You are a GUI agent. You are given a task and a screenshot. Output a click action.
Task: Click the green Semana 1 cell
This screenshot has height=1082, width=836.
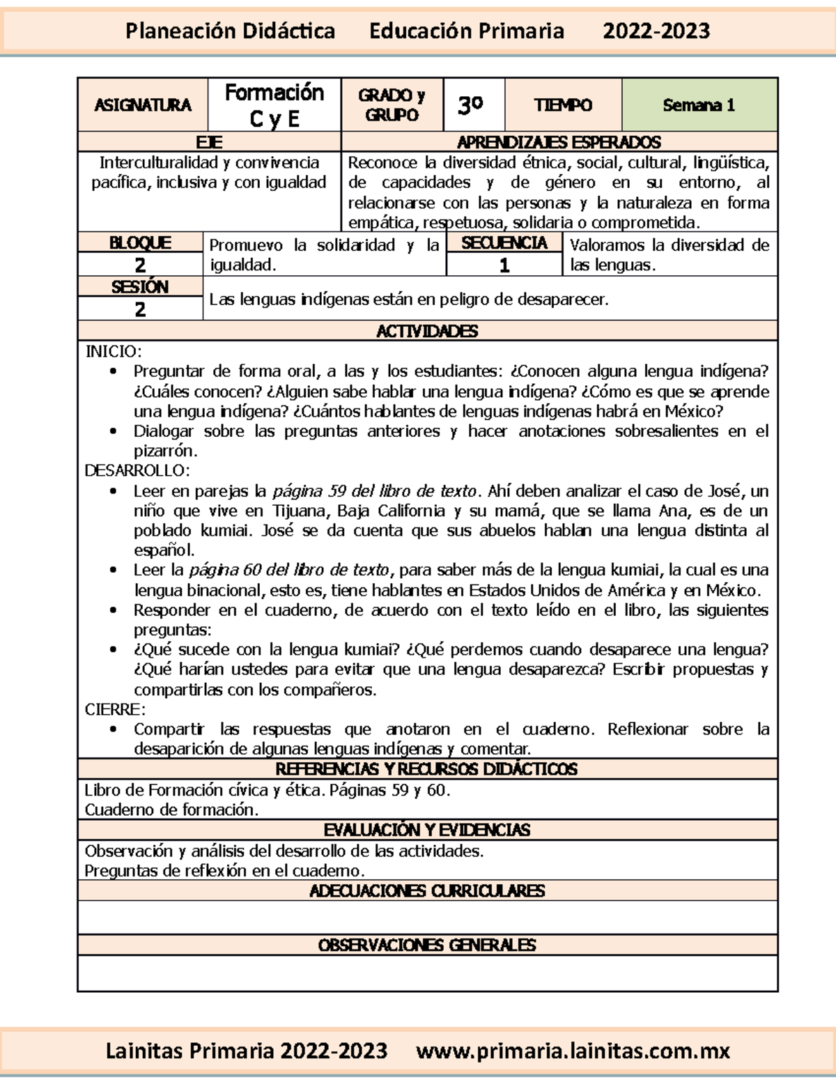click(x=699, y=105)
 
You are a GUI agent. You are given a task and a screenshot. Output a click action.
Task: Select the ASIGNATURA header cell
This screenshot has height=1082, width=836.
click(x=143, y=105)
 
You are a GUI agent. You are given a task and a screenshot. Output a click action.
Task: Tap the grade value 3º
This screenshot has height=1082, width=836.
click(x=471, y=105)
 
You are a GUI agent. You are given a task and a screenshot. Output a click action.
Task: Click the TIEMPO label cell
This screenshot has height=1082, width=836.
click(x=563, y=105)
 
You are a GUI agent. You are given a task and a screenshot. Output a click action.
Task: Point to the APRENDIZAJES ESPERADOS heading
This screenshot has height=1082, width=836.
click(x=559, y=142)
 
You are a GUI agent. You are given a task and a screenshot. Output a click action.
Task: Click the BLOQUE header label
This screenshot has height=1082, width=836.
click(x=140, y=242)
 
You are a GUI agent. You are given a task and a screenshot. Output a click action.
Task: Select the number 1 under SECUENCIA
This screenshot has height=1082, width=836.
click(x=504, y=265)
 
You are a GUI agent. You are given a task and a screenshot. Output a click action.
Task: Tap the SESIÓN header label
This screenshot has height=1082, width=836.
click(x=140, y=286)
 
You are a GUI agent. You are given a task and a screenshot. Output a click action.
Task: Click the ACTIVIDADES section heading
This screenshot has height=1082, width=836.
click(x=427, y=331)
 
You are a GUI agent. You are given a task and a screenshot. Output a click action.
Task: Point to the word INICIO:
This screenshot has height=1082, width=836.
click(x=113, y=351)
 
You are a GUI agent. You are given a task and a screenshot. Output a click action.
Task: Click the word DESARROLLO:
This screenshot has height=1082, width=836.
click(x=137, y=470)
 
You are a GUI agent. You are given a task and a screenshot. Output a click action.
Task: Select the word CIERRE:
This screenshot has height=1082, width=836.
click(x=115, y=709)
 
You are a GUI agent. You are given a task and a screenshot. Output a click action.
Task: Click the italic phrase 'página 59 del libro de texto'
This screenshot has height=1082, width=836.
click(x=374, y=490)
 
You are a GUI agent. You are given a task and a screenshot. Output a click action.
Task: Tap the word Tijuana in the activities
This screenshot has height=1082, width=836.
click(x=300, y=511)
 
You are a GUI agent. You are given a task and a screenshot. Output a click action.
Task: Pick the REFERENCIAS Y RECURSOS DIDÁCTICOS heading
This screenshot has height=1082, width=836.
click(x=427, y=769)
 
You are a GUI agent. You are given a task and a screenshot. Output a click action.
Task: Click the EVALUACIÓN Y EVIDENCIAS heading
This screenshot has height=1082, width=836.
click(x=427, y=830)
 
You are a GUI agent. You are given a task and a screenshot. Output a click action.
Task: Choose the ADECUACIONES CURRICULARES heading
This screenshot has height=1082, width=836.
click(x=427, y=890)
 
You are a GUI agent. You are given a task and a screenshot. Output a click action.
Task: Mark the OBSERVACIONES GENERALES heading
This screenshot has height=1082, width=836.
click(x=427, y=945)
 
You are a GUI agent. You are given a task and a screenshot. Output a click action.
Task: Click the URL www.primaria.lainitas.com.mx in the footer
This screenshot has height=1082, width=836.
click(x=573, y=1051)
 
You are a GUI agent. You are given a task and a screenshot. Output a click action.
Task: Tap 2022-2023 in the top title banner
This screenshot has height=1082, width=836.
click(x=656, y=31)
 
